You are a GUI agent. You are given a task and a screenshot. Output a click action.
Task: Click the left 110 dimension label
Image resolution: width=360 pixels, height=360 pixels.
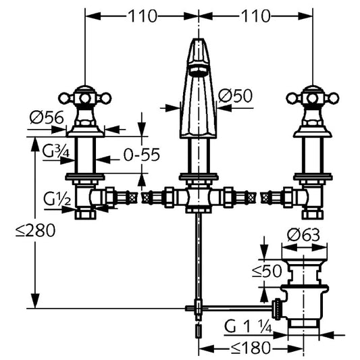(x=143, y=16)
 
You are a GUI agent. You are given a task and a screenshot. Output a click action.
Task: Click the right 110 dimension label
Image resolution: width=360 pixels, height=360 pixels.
(x=255, y=16)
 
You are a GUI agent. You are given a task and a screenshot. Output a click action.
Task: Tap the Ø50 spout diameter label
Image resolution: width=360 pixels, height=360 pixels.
(x=235, y=95)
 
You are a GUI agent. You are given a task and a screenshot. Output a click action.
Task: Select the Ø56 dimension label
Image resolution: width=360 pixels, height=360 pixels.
(x=47, y=118)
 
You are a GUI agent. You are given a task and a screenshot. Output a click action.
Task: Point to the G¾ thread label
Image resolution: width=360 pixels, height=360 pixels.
(x=56, y=151)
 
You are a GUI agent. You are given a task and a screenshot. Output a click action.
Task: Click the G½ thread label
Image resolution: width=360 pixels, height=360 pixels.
(x=57, y=199)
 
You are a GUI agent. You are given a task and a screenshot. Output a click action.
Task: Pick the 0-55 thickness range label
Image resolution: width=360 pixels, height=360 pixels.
(x=141, y=155)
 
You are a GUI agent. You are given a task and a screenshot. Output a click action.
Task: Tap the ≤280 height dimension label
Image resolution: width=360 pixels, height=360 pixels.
(x=36, y=230)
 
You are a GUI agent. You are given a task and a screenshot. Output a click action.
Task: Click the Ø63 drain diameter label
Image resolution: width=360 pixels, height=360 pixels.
(x=303, y=234)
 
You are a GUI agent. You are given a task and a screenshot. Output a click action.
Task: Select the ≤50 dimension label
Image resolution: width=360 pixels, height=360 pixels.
(x=267, y=271)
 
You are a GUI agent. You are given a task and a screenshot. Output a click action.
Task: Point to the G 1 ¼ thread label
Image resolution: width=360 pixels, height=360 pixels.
(x=248, y=327)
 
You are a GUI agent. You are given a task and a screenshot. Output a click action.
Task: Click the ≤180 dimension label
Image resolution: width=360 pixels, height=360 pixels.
(x=251, y=348)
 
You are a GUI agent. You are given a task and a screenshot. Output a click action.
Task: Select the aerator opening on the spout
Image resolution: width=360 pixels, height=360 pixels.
(x=199, y=70)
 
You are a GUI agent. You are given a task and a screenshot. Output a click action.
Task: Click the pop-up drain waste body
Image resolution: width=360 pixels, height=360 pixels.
(x=303, y=292)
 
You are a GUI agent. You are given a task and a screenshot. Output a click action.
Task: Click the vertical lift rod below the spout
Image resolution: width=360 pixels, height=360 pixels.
(x=199, y=257)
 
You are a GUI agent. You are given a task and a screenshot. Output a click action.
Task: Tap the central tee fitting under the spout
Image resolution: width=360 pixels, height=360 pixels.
(x=199, y=197)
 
